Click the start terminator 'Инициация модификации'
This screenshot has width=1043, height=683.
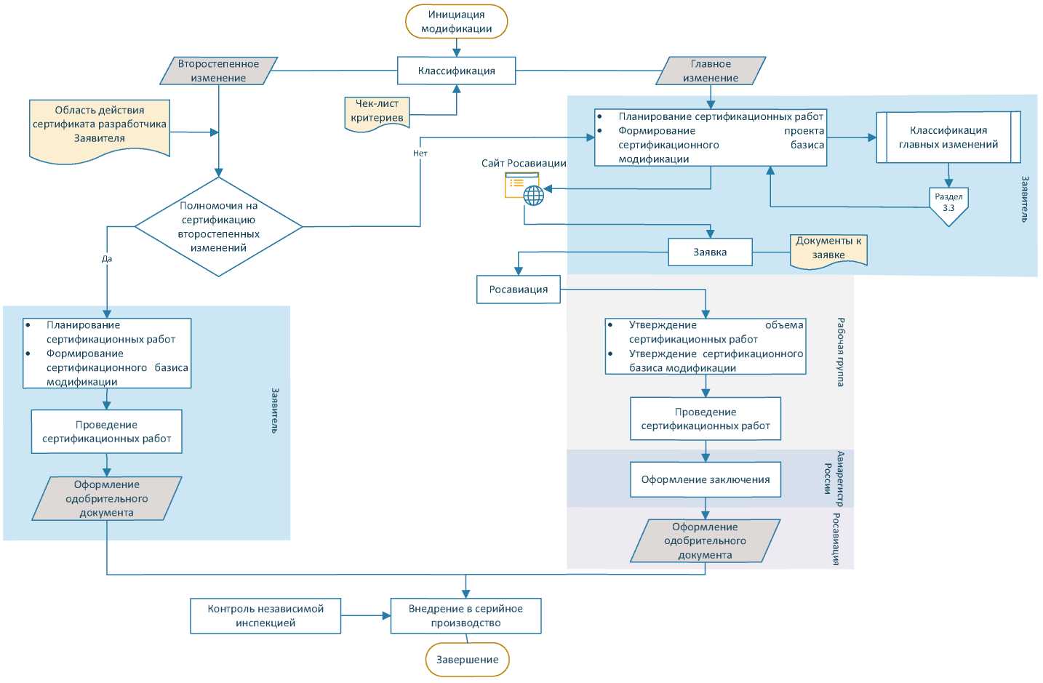[456, 21]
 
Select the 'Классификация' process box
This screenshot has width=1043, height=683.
[456, 71]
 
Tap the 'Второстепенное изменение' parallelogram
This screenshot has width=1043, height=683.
[218, 71]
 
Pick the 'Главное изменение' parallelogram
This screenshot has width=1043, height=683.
[711, 71]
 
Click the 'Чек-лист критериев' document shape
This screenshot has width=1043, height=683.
[377, 113]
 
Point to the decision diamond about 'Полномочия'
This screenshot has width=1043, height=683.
[218, 227]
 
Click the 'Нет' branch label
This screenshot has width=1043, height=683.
[420, 153]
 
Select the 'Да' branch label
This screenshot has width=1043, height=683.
[107, 259]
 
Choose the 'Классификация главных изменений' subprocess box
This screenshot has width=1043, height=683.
[948, 137]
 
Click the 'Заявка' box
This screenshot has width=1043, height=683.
[710, 252]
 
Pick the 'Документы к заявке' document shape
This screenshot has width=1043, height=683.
[828, 252]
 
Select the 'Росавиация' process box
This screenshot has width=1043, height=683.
[519, 289]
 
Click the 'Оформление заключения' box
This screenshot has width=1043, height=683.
[706, 479]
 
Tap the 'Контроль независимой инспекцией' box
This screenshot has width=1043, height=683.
[265, 616]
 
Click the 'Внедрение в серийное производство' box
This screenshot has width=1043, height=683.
[465, 616]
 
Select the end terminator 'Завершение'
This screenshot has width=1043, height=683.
[468, 660]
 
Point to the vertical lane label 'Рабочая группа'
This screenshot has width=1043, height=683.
[841, 352]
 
